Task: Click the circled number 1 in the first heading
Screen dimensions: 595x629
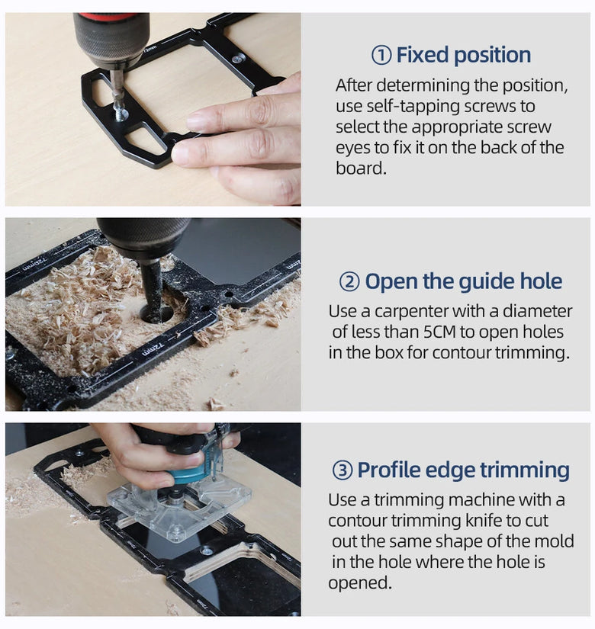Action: (381, 56)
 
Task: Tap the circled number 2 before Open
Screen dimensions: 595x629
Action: (349, 282)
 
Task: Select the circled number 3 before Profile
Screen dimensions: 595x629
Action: (343, 470)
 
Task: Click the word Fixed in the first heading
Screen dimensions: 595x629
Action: (422, 55)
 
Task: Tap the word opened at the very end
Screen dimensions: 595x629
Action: (359, 582)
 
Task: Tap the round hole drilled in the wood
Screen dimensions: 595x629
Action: (156, 314)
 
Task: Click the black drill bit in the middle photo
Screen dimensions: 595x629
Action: (151, 289)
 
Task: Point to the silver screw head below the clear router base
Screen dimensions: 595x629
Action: (207, 550)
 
